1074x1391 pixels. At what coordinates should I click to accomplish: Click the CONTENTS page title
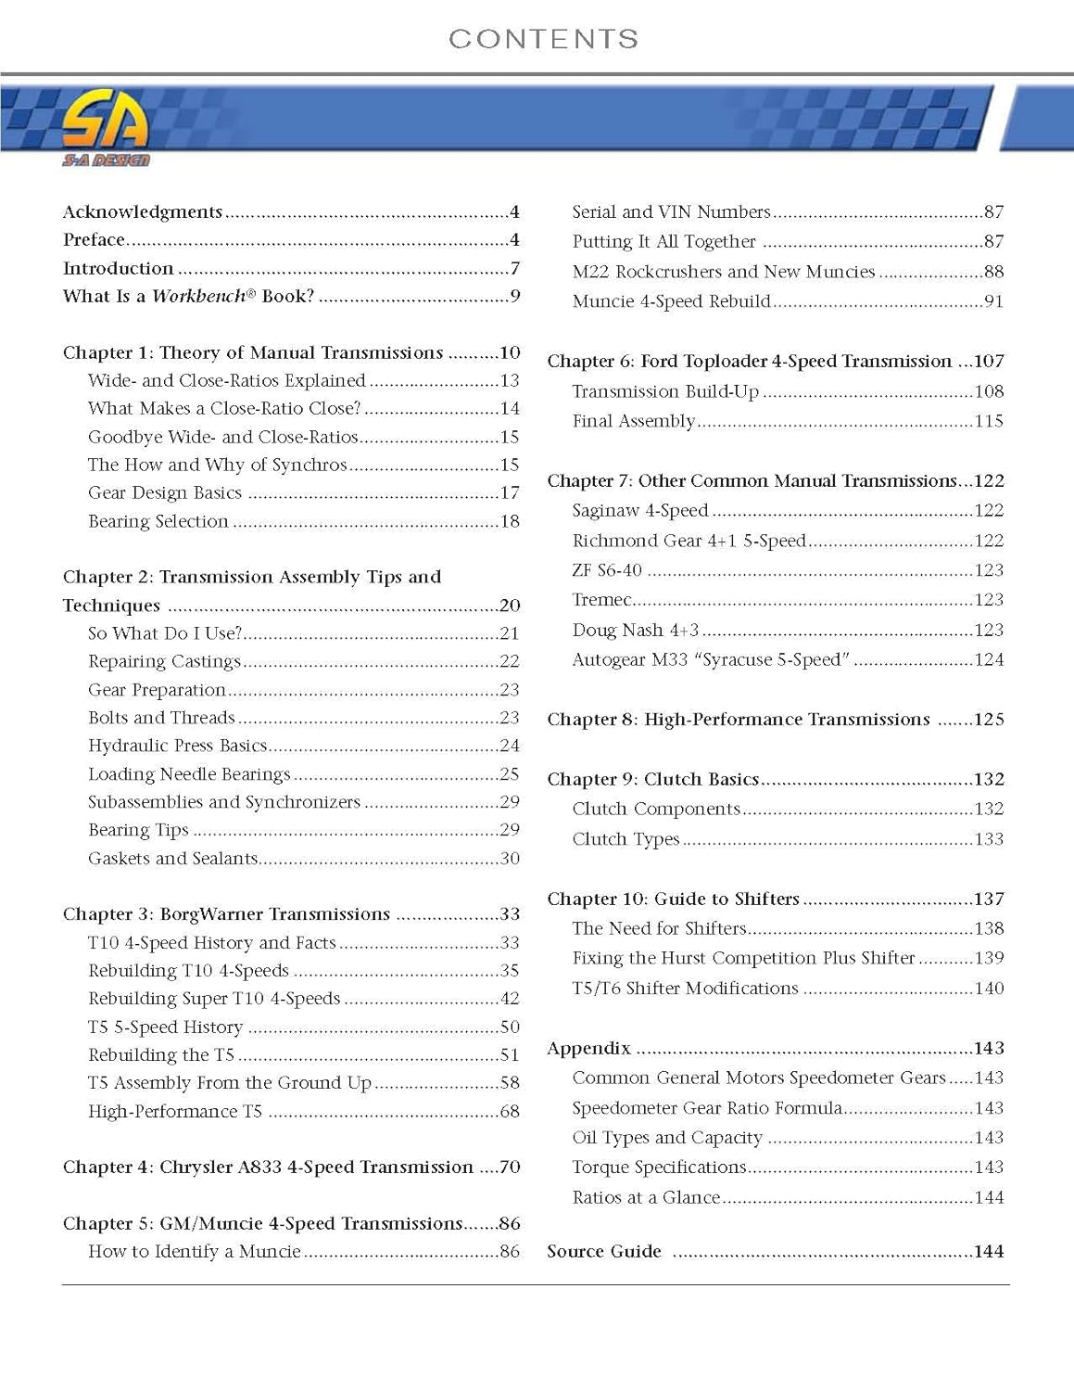pyautogui.click(x=543, y=39)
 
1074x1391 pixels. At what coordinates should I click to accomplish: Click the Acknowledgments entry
pyautogui.click(x=143, y=212)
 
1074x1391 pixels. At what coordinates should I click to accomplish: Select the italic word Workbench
pyautogui.click(x=198, y=297)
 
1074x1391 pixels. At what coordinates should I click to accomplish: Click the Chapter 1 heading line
pyautogui.click(x=253, y=353)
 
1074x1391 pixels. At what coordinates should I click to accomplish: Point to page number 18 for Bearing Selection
pyautogui.click(x=510, y=522)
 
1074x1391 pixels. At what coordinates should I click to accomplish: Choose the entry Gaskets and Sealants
pyautogui.click(x=172, y=859)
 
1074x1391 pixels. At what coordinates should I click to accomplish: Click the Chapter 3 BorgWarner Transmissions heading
pyautogui.click(x=226, y=914)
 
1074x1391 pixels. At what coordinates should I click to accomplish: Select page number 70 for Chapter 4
pyautogui.click(x=510, y=1168)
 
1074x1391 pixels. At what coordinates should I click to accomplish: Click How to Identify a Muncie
pyautogui.click(x=194, y=1252)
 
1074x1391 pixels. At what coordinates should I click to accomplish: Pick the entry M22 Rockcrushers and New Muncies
pyautogui.click(x=723, y=272)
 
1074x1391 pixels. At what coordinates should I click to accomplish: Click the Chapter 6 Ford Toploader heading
pyautogui.click(x=749, y=362)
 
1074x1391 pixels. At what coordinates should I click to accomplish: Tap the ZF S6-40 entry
pyautogui.click(x=607, y=570)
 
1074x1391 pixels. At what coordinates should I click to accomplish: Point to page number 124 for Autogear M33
pyautogui.click(x=989, y=660)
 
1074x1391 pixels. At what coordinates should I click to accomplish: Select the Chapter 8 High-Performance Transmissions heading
pyautogui.click(x=738, y=720)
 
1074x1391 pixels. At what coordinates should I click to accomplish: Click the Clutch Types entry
pyautogui.click(x=625, y=839)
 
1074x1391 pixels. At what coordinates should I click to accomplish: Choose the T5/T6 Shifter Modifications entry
pyautogui.click(x=685, y=989)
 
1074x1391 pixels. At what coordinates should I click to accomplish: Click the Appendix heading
pyautogui.click(x=588, y=1049)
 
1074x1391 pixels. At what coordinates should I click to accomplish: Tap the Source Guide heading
pyautogui.click(x=604, y=1252)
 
